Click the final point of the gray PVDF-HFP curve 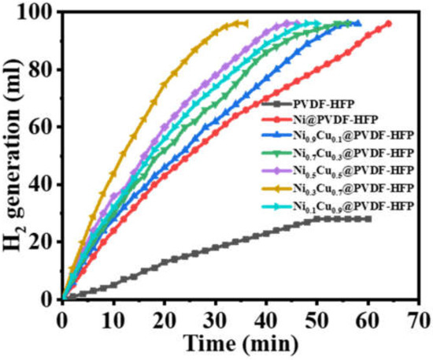pyautogui.click(x=368, y=219)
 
